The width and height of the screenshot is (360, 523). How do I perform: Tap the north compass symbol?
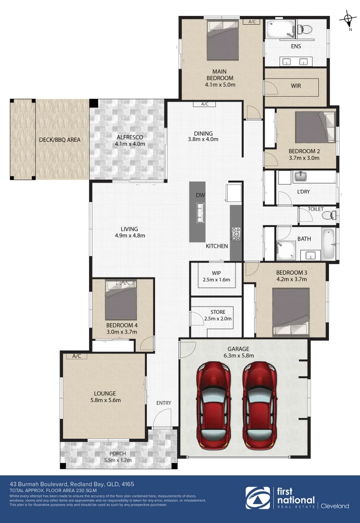pos(348,20)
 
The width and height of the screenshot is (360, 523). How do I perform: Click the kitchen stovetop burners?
pos(236,234)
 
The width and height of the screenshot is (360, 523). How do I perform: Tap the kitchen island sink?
pos(200,212)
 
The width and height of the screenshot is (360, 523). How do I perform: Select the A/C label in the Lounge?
pos(76,356)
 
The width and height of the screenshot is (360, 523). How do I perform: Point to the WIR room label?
pos(296,86)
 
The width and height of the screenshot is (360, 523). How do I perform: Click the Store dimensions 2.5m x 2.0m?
pos(218,319)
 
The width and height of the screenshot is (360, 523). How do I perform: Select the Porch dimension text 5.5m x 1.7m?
pos(118,460)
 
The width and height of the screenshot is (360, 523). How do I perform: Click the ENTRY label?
pos(163,403)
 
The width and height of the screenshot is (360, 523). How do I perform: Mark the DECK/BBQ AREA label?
pos(60,140)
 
